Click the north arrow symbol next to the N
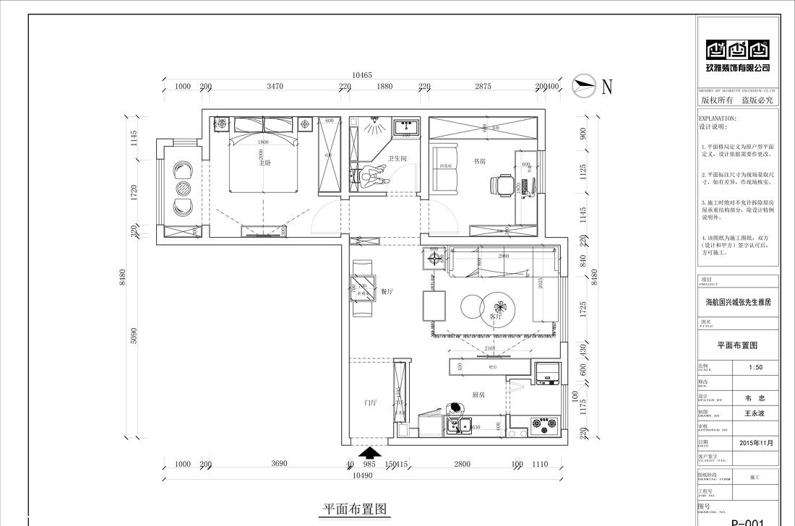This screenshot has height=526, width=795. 585,85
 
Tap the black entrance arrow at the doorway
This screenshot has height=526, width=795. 371,453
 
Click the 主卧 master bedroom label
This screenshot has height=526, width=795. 265,163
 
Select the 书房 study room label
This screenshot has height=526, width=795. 479,161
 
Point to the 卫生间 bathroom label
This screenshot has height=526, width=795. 397,158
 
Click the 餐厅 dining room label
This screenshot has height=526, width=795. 387,291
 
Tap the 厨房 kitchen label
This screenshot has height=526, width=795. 478,395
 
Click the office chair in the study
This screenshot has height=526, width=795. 503,186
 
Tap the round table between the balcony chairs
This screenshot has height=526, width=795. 182,189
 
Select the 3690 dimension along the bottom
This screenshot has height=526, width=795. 279,465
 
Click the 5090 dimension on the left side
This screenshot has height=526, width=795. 133,336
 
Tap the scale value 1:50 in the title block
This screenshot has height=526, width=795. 755,367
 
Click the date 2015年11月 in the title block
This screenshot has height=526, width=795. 756,442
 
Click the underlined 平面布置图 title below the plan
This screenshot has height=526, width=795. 355,509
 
